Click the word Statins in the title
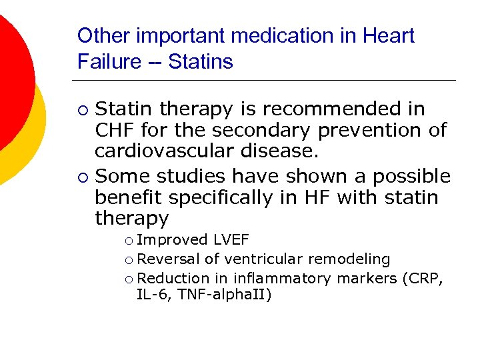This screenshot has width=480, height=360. pos(201,62)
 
